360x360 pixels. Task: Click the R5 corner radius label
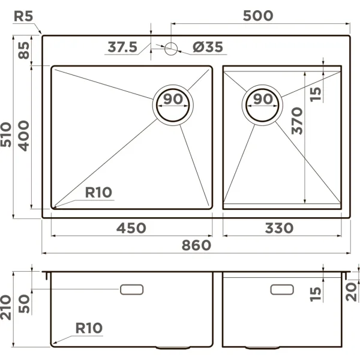point(23,16)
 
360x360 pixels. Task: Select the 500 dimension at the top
point(257,16)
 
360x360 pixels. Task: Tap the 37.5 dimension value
point(123,47)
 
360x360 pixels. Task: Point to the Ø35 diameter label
point(209,47)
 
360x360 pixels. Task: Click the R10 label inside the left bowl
point(99,192)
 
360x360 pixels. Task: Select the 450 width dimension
point(131,228)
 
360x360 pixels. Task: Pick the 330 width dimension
point(278,228)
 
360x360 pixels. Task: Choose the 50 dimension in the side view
point(24,303)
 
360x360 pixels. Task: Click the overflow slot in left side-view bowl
point(132,290)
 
